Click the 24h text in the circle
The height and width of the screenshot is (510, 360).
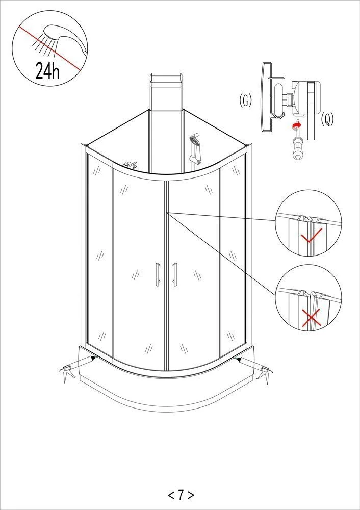coord(47,70)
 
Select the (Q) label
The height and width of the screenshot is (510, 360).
coord(327,119)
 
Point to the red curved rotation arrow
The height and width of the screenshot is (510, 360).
coord(296,124)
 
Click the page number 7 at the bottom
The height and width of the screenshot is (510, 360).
coord(181,495)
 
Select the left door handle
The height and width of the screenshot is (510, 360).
coord(158,274)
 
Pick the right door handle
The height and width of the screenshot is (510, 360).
coord(174,274)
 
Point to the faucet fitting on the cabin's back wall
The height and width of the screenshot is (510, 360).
coord(130,165)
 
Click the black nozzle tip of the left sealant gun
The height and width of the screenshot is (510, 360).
coord(93,358)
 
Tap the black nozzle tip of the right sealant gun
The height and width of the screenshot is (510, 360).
coord(239,359)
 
